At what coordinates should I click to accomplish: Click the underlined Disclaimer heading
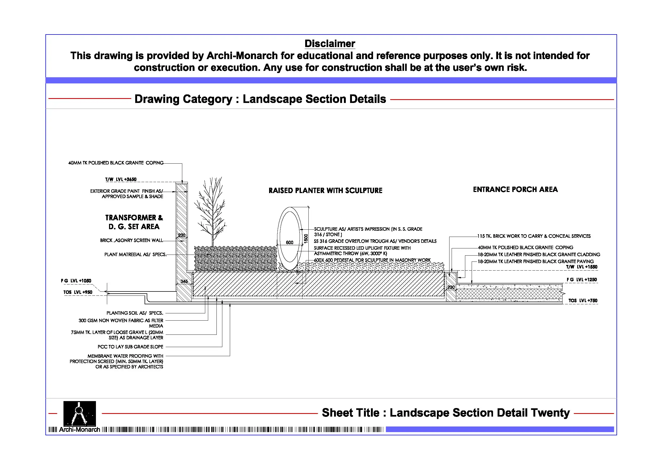(329, 44)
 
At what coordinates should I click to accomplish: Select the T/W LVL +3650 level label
(121, 179)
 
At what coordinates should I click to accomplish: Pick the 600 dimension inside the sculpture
(289, 243)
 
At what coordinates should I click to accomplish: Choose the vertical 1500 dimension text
(306, 239)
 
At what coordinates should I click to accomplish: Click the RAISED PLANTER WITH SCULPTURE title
(325, 191)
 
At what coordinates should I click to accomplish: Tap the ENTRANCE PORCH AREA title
(515, 190)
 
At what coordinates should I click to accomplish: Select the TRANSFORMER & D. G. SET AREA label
(134, 222)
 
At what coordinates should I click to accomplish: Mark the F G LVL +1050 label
(76, 280)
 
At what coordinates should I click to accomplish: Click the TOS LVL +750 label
(583, 301)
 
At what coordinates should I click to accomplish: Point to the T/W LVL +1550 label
(581, 267)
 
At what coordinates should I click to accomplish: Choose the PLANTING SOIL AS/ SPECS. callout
(135, 313)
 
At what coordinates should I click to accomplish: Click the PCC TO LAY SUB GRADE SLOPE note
(130, 347)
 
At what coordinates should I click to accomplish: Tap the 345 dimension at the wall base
(184, 281)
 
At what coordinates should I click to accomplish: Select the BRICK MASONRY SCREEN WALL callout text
(131, 240)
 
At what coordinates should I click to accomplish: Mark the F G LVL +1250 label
(581, 279)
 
